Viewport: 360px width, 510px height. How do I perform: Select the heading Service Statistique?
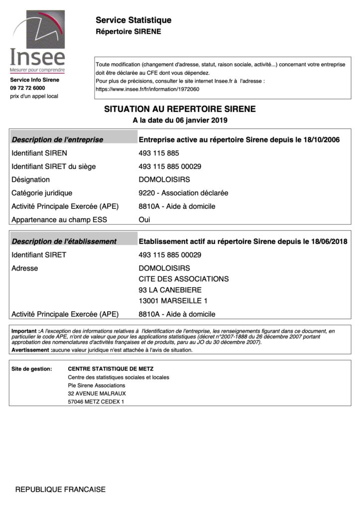pos(133,20)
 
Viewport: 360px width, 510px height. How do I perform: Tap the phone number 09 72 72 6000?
pos(27,88)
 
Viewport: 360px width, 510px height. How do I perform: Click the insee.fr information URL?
pos(147,90)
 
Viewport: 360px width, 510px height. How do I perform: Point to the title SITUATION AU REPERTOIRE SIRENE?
pos(180,109)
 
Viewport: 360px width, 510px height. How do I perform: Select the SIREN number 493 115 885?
pos(159,153)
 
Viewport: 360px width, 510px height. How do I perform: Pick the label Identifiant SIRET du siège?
pos(53,166)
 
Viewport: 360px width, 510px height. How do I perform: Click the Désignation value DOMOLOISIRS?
pos(164,180)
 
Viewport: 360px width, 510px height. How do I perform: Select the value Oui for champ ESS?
pos(144,219)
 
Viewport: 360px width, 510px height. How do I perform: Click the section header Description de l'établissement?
pos(64,242)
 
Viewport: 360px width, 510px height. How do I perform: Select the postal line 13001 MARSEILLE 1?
pos(173,301)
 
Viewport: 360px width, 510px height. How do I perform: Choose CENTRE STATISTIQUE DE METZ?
pos(111,369)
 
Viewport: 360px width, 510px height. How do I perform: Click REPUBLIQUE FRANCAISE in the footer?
pos(60,490)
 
